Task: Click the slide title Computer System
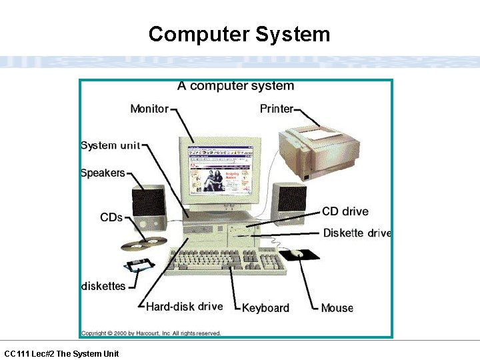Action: tap(239, 34)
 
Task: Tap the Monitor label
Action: tap(149, 109)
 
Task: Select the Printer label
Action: tap(276, 109)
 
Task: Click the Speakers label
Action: tap(103, 173)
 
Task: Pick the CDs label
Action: tap(111, 217)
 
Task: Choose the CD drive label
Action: tap(345, 212)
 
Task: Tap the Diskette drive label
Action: tap(357, 233)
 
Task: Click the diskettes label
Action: tap(103, 286)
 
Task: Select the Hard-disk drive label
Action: tap(184, 307)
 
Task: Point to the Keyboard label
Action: tap(265, 307)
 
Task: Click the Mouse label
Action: tap(337, 307)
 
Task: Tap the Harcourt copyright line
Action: tap(151, 333)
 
